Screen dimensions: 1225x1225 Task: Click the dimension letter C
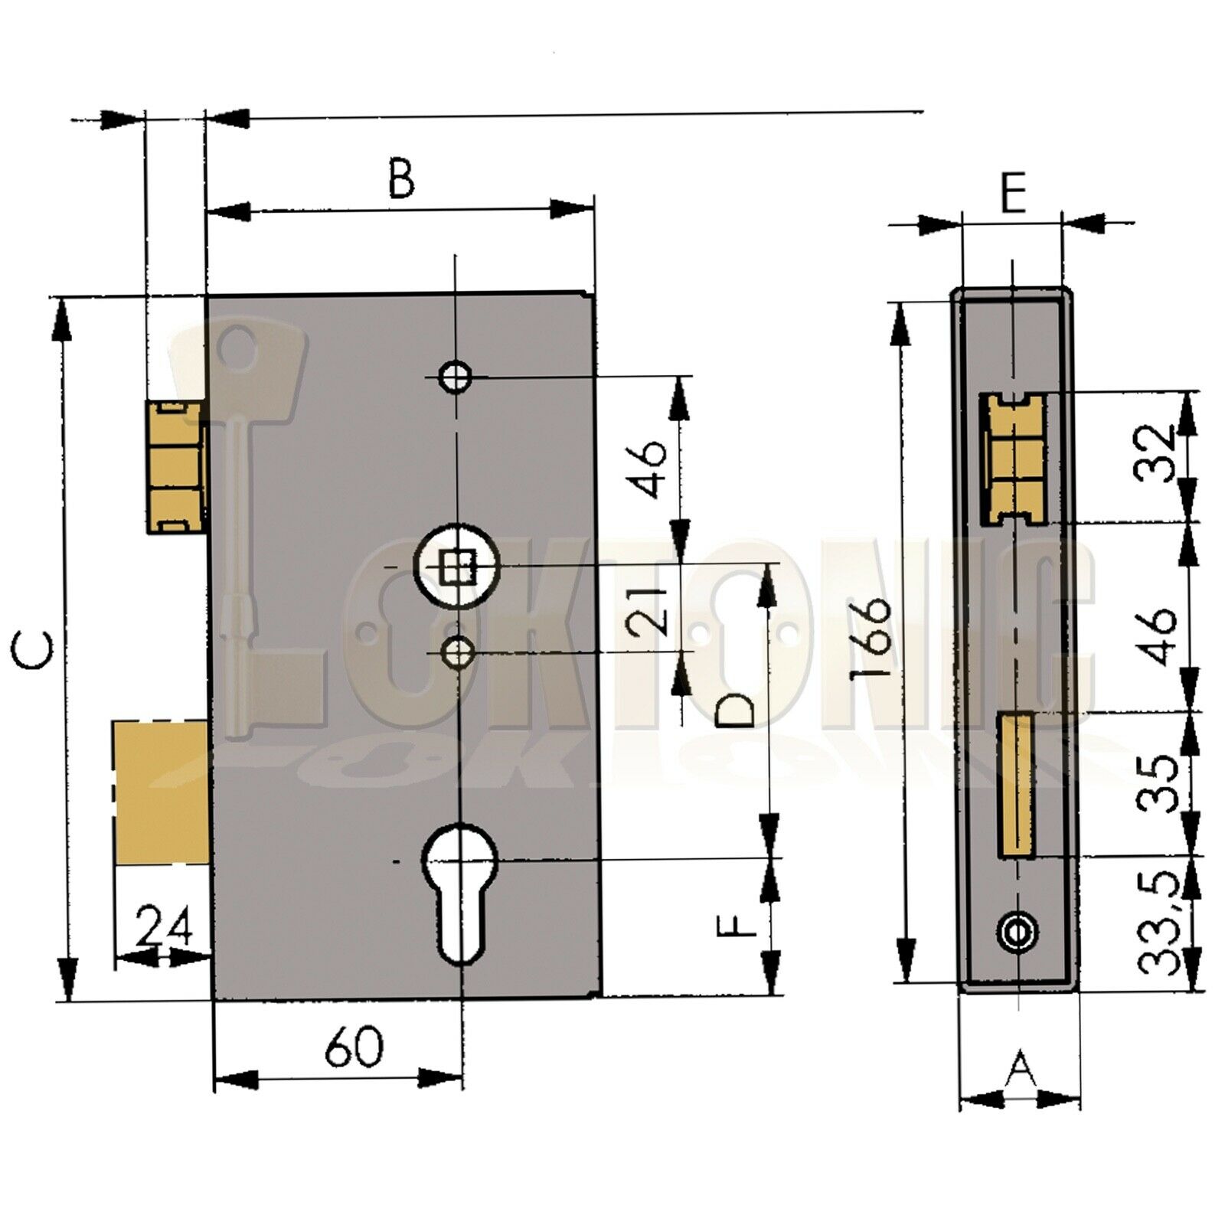pyautogui.click(x=34, y=652)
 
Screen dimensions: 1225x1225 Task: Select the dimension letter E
pyautogui.click(x=1013, y=194)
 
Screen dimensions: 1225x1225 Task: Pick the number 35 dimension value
pyautogui.click(x=1158, y=782)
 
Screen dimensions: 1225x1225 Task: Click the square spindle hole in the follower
pyautogui.click(x=456, y=567)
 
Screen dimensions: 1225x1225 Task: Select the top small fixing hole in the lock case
pyautogui.click(x=456, y=376)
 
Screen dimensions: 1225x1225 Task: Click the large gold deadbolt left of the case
pyautogui.click(x=161, y=792)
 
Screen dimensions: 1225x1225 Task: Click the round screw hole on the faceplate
pyautogui.click(x=1018, y=931)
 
